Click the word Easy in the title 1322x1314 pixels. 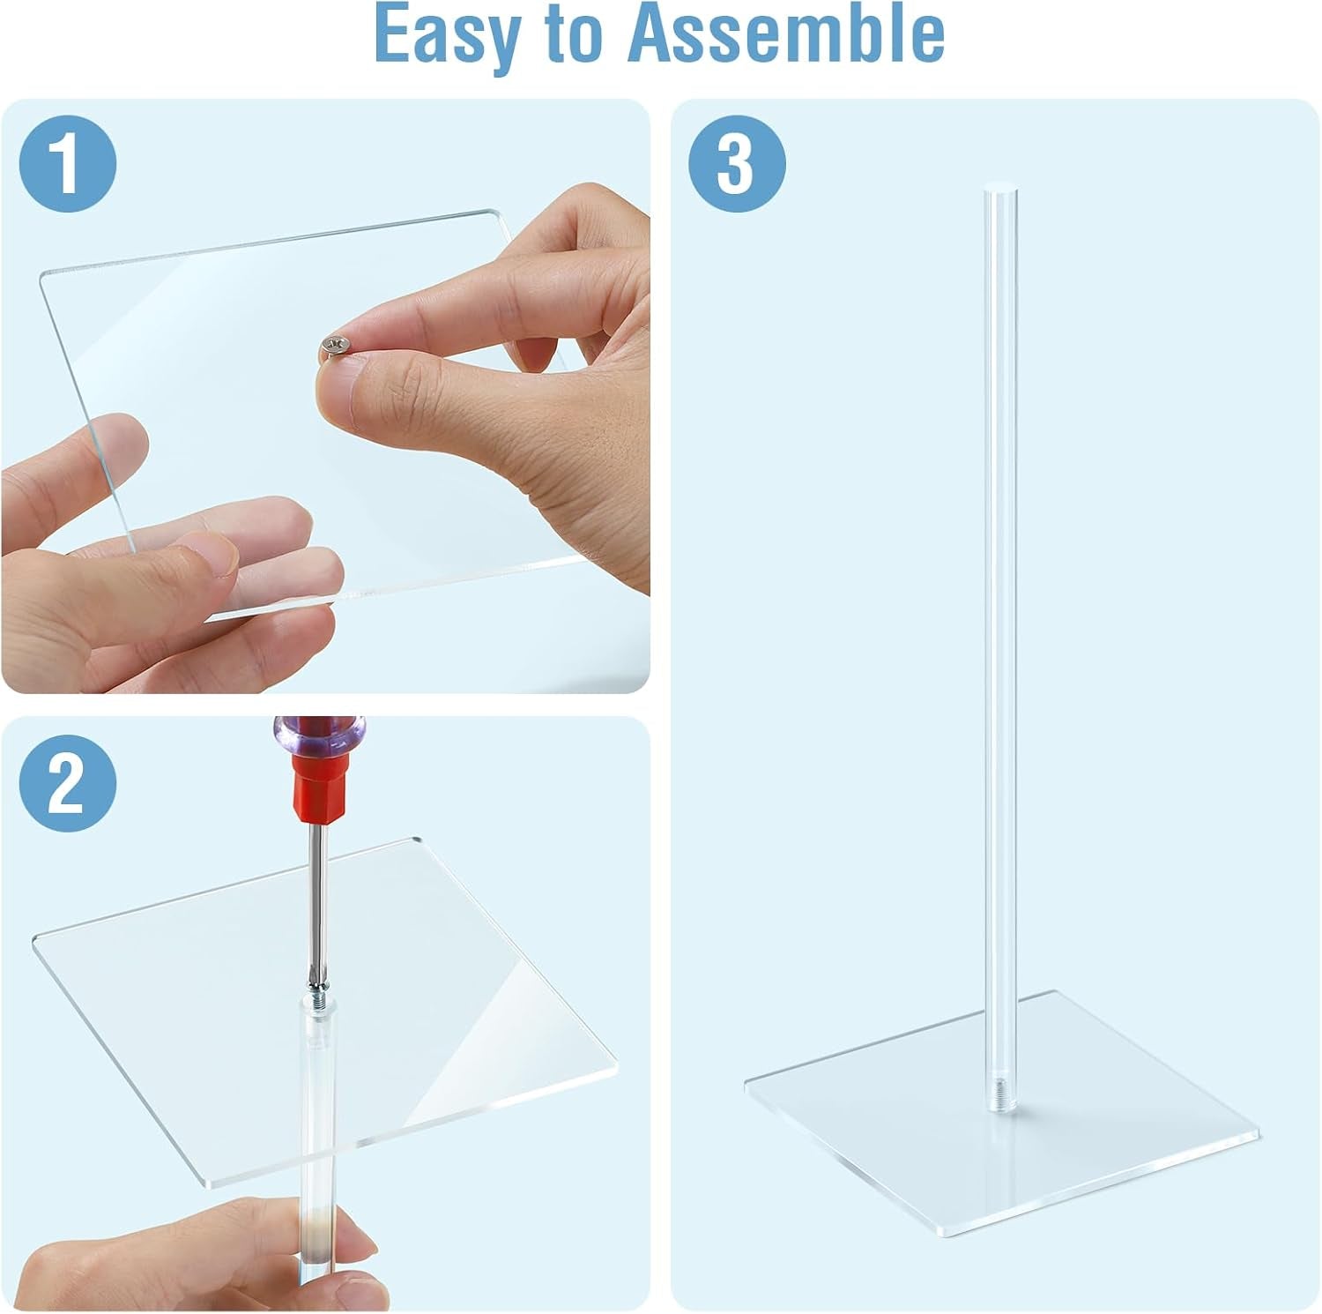point(439,34)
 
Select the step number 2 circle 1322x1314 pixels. point(69,783)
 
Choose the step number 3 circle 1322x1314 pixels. point(737,165)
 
